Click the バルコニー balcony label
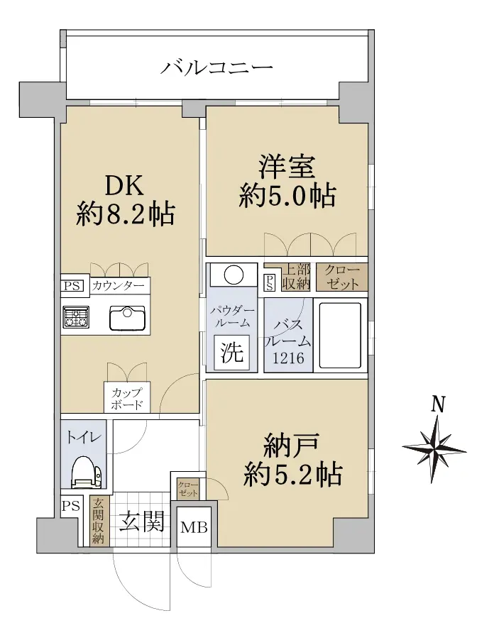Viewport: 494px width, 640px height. click(x=216, y=67)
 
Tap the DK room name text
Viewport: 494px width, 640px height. click(x=124, y=186)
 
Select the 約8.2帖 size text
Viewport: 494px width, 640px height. click(x=126, y=214)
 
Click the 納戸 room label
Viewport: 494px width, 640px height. click(x=292, y=446)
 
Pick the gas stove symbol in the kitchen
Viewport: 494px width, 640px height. click(x=75, y=317)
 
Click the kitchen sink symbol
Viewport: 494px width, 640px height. click(x=128, y=317)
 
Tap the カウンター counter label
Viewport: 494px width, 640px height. click(x=118, y=285)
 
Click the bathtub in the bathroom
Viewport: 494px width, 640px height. click(x=340, y=335)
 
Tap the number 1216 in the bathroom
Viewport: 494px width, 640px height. click(x=288, y=358)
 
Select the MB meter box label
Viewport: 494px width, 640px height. click(x=194, y=527)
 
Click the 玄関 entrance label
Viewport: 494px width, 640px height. click(x=142, y=522)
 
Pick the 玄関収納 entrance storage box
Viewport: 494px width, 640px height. click(x=98, y=520)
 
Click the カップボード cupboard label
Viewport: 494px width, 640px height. click(x=127, y=399)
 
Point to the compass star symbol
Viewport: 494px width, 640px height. click(x=434, y=449)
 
